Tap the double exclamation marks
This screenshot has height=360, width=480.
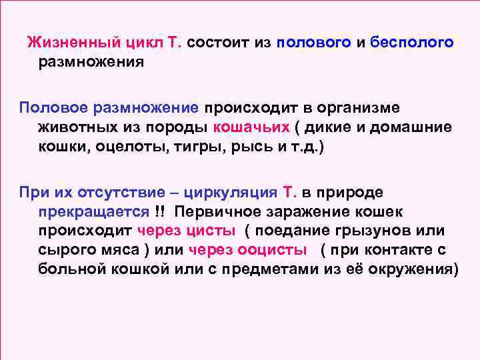[159, 211]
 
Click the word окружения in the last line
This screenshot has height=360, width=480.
[417, 269]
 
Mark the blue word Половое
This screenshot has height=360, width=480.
[55, 107]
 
